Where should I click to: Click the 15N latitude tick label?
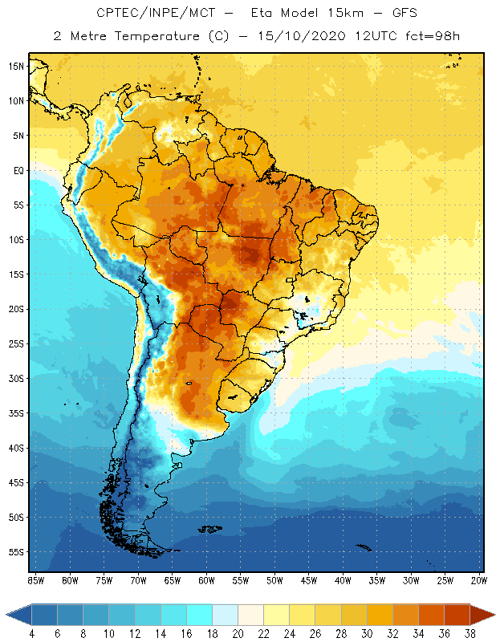(16, 66)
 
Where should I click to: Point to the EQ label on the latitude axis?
(16, 170)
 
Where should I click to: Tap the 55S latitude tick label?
(16, 552)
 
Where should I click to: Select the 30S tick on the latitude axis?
(16, 378)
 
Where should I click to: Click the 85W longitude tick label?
(35, 580)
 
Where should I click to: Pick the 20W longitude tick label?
(478, 580)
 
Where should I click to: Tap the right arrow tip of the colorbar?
(493, 615)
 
